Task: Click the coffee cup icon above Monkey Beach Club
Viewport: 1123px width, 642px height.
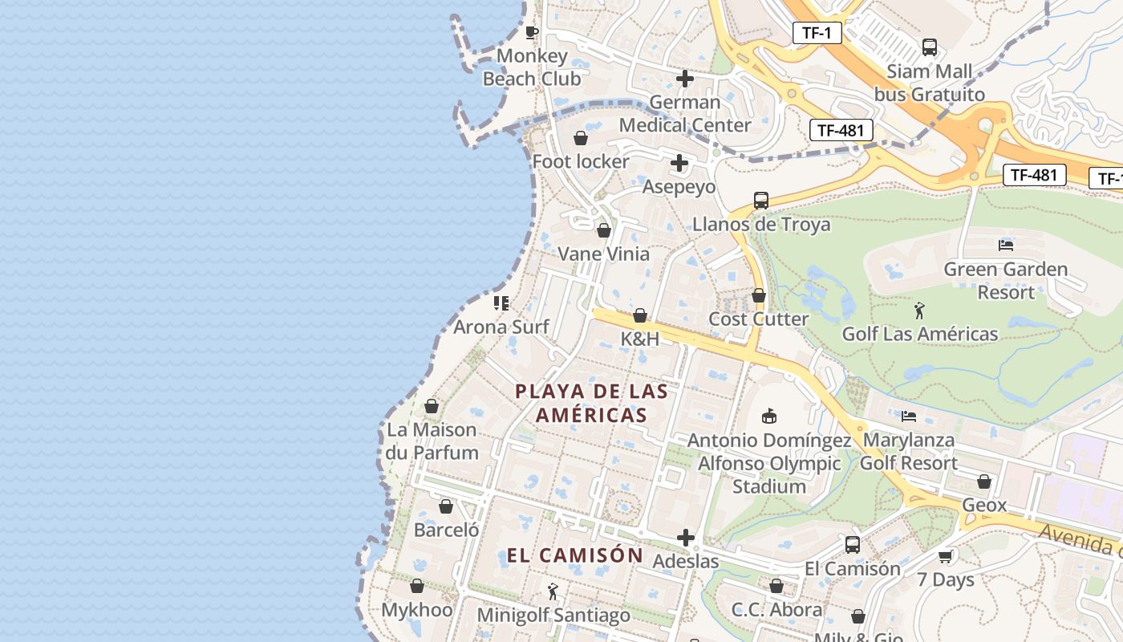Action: click(531, 32)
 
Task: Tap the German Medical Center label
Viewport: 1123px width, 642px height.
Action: click(685, 114)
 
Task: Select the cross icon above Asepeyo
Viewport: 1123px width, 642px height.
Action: click(679, 164)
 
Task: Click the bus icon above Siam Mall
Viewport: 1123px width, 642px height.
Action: click(929, 47)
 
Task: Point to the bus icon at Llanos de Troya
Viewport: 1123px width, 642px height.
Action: click(760, 201)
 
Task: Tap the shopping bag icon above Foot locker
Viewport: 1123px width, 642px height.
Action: click(581, 138)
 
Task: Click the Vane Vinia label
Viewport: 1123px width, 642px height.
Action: click(603, 254)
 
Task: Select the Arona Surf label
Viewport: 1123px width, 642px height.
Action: click(501, 327)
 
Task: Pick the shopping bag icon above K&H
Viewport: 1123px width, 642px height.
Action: click(640, 315)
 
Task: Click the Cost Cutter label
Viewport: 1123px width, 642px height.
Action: click(759, 319)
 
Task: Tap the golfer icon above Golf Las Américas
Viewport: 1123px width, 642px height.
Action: click(919, 310)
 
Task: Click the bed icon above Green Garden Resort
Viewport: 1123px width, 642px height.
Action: click(1006, 245)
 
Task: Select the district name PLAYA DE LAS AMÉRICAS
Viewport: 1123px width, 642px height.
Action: click(592, 403)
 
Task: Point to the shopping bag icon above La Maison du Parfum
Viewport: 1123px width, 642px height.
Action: click(432, 406)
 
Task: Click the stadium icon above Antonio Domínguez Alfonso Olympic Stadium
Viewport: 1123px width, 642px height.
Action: click(769, 416)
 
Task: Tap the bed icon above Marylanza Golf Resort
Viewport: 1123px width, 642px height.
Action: click(909, 416)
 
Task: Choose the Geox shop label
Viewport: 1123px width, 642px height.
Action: click(984, 506)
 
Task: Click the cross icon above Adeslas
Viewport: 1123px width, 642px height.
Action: click(686, 538)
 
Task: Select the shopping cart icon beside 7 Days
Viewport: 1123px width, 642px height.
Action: click(946, 556)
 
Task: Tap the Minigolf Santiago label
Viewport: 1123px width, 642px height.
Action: click(553, 616)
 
